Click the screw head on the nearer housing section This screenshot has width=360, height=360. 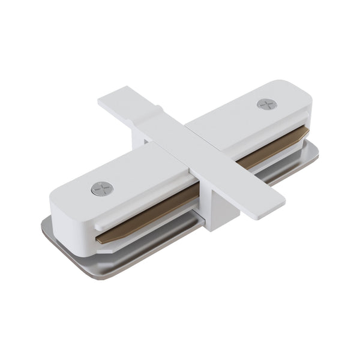(102, 190)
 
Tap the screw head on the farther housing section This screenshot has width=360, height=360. (266, 104)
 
